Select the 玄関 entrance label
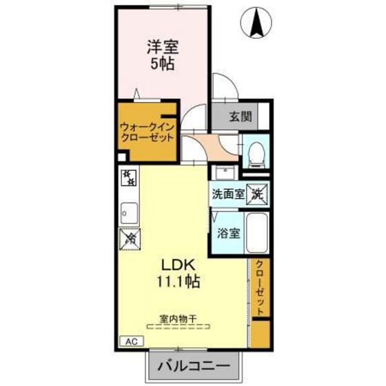[240, 116]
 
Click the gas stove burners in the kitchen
[128, 179]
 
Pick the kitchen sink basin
[129, 213]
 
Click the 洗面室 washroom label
[228, 194]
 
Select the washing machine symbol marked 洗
[258, 194]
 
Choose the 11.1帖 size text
[181, 283]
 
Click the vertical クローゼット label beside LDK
[260, 289]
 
